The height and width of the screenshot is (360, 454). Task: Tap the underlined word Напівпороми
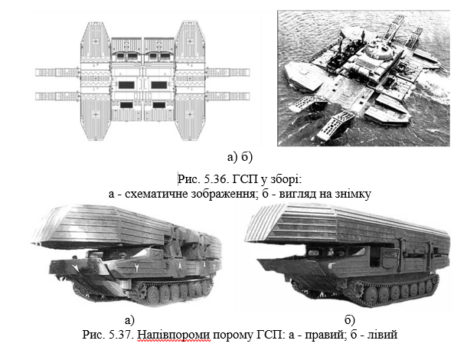(x=174, y=335)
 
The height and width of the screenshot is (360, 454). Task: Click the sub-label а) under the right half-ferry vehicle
(x=129, y=320)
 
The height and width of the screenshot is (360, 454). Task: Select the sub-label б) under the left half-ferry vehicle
(x=349, y=320)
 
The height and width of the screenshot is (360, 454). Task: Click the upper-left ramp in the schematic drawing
(x=57, y=72)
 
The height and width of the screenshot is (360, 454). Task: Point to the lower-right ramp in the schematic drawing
(x=228, y=96)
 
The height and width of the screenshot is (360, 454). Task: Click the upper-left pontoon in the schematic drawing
(x=96, y=42)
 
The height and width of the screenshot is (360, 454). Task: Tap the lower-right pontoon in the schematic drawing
(x=190, y=120)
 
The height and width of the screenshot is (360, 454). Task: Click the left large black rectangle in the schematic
(x=126, y=85)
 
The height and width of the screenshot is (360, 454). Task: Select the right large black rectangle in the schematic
(x=159, y=85)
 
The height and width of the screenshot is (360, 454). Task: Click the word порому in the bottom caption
(x=233, y=335)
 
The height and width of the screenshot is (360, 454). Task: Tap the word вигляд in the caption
(x=297, y=194)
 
